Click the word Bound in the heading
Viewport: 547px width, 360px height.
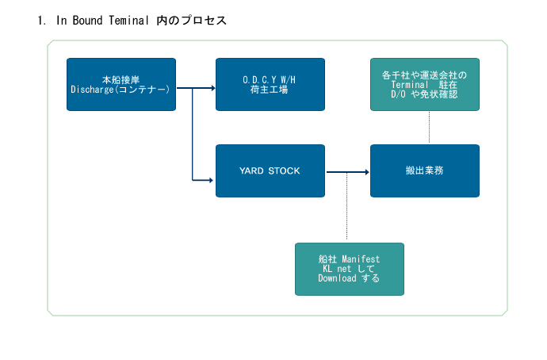point(87,21)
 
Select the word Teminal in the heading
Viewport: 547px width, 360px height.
point(128,21)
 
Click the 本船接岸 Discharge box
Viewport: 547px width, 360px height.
point(121,84)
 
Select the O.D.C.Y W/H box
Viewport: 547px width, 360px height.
point(270,84)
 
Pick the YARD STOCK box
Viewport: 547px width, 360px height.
point(270,171)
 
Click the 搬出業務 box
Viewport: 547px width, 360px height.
point(425,171)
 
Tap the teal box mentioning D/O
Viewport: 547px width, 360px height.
point(425,84)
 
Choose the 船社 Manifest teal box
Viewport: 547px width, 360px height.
point(350,270)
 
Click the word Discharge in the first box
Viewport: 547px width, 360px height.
point(92,90)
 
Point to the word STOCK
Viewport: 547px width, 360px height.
point(284,171)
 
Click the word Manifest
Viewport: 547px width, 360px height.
point(361,259)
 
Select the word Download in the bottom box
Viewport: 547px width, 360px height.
point(337,278)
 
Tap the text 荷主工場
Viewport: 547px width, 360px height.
point(269,90)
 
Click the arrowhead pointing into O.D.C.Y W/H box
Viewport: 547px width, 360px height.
point(213,88)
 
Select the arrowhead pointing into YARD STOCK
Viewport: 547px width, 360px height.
point(211,180)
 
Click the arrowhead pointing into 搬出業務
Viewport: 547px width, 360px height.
point(367,172)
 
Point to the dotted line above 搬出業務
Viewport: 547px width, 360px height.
point(429,128)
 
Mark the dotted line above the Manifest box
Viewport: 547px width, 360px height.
point(346,206)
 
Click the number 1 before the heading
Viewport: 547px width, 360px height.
point(40,21)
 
